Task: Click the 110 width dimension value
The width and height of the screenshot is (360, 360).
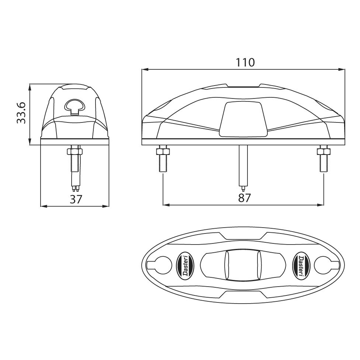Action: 245,62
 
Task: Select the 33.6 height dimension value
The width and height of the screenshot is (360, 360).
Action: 22,113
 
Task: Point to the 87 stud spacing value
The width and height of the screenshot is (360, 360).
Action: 244,198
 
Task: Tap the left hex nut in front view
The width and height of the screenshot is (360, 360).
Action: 163,151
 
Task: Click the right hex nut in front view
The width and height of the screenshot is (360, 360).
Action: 323,151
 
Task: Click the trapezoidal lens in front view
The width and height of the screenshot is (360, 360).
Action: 243,119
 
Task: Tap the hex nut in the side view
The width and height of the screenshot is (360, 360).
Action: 75,151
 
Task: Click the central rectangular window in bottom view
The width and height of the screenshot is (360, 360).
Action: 243,265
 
